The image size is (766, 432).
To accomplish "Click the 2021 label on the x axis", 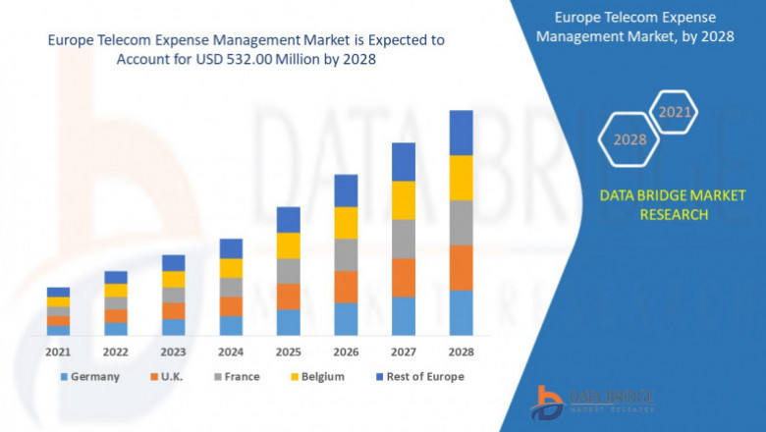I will tap(58, 351).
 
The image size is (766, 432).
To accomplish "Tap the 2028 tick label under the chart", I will tap(461, 351).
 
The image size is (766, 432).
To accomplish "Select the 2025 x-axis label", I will tap(288, 351).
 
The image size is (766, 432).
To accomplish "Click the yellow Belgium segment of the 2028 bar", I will tap(461, 178).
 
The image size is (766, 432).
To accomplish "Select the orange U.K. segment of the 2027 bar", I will tap(403, 278).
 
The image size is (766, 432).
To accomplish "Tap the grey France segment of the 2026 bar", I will tap(346, 254).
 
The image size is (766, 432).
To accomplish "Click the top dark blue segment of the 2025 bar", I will tap(288, 219).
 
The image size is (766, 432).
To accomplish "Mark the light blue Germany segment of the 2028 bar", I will tap(461, 312).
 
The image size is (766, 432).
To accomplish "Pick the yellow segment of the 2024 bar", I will tap(231, 268).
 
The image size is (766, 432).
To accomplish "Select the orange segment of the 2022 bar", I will tap(116, 316).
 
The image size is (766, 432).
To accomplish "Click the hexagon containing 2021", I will tap(675, 113).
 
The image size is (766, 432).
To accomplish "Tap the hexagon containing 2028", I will tap(629, 139).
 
